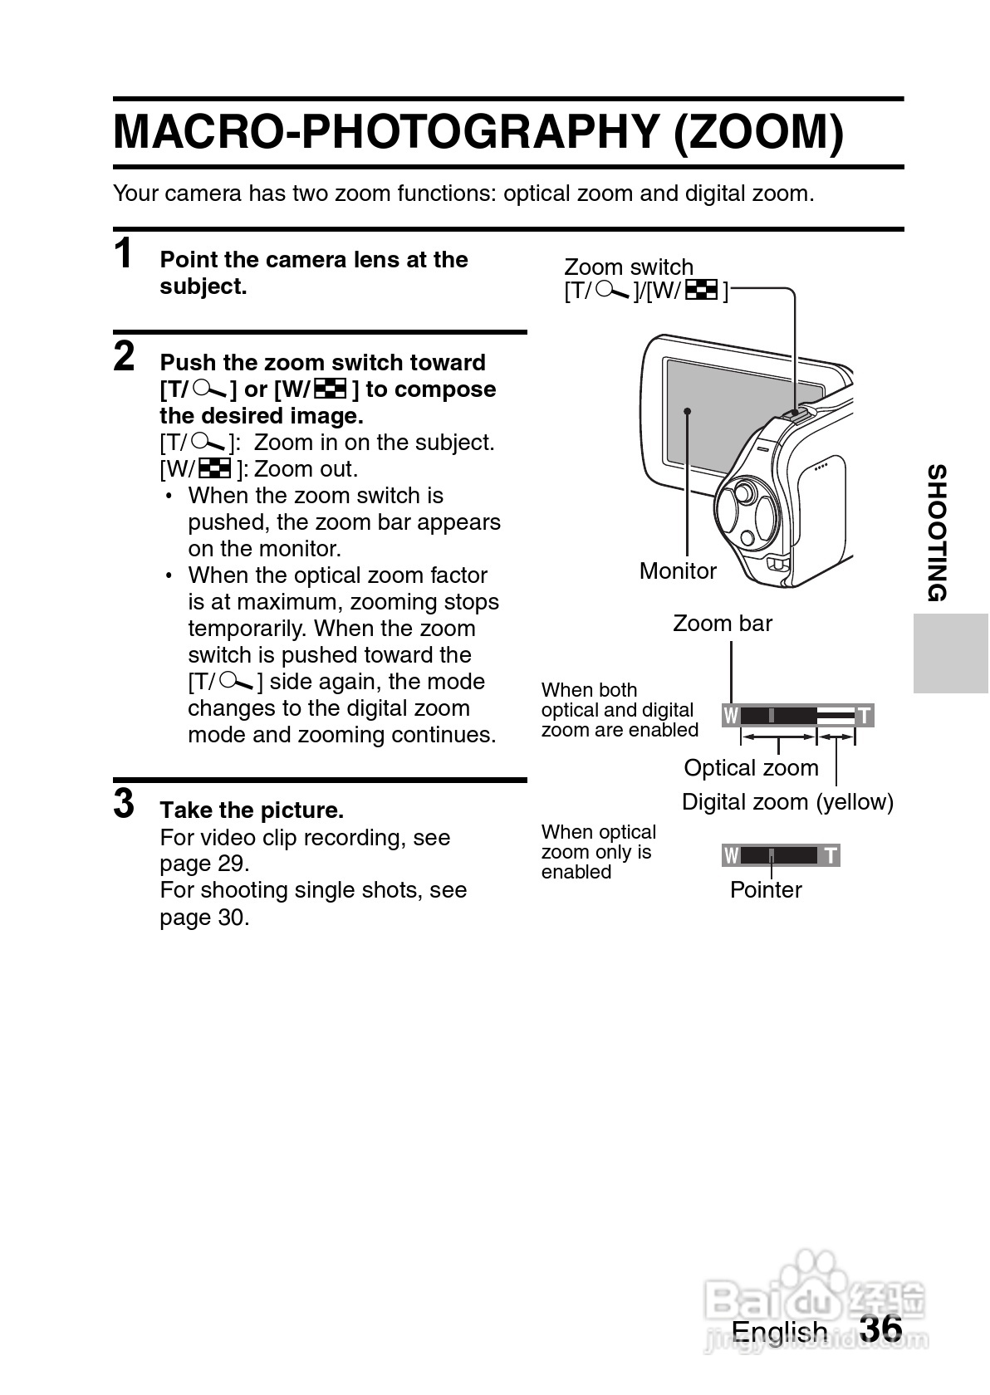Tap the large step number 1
124,253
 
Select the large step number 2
124,356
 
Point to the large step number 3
124,804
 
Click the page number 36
881,1329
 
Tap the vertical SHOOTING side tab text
937,533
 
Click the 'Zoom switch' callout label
628,267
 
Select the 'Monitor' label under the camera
678,571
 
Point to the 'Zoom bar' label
722,624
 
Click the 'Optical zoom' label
751,768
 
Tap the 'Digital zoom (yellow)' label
787,802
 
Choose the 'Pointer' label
765,890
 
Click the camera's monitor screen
731,415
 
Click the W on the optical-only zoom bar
731,855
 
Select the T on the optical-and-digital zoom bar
865,716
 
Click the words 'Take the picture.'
252,810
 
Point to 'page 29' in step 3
204,864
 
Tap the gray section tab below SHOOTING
950,653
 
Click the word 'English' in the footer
779,1332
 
